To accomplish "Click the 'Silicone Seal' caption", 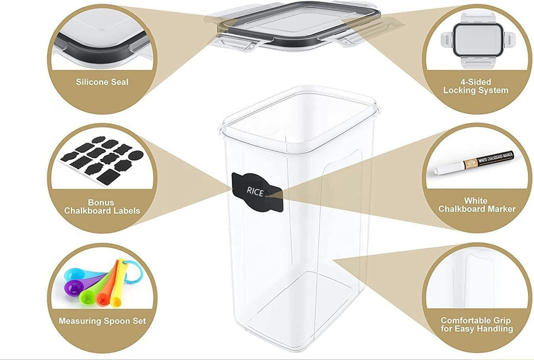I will pyautogui.click(x=102, y=82).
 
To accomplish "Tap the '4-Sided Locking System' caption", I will pyautogui.click(x=475, y=86).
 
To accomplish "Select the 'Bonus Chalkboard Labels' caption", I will pyautogui.click(x=102, y=206).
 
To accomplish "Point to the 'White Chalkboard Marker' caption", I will pyautogui.click(x=476, y=205).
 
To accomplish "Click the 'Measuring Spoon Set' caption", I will pyautogui.click(x=102, y=321).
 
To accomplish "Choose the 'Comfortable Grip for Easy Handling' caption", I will pyautogui.click(x=476, y=324).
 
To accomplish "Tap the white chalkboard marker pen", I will pyautogui.click(x=475, y=162).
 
